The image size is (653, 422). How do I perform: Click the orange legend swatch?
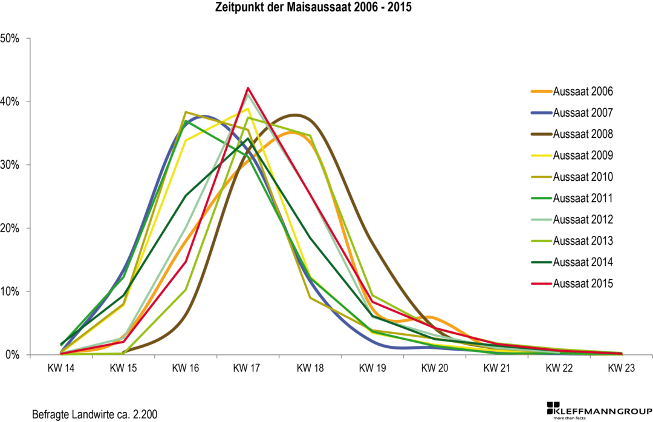click(541, 92)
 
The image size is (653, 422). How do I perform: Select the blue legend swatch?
click(541, 113)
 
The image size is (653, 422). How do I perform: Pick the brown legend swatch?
click(541, 134)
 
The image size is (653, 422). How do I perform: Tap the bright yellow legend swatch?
click(541, 155)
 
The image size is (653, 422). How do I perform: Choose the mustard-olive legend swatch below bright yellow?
click(541, 177)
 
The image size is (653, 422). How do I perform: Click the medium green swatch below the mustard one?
click(541, 198)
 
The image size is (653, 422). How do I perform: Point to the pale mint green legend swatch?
click(541, 219)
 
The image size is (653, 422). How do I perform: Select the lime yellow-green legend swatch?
click(541, 241)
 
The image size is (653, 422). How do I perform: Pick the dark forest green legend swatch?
click(541, 262)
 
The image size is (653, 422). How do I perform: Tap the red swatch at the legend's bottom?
click(541, 284)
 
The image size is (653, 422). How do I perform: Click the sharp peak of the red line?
click(248, 88)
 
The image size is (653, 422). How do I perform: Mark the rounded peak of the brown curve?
click(294, 115)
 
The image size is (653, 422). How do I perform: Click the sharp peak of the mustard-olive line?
click(185, 112)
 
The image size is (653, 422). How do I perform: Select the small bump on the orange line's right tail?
click(431, 317)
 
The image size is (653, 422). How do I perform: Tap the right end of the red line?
click(622, 353)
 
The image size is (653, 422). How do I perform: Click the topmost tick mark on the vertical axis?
click(28, 39)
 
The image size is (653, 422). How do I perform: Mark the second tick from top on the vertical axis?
click(28, 102)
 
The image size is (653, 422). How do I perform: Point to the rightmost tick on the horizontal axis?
click(651, 356)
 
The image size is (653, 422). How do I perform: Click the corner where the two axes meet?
click(30, 354)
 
